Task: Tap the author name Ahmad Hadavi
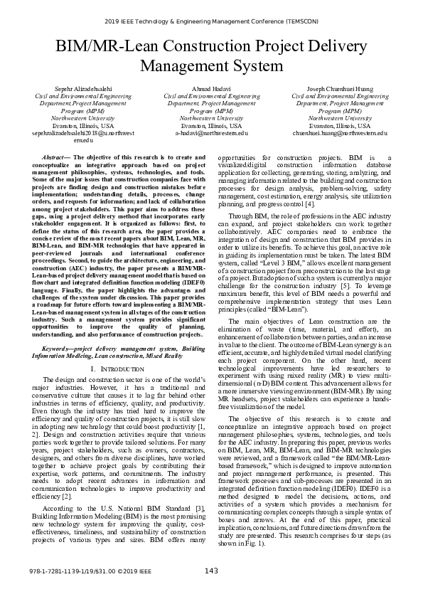(x=211, y=88)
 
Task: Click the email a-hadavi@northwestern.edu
(x=211, y=133)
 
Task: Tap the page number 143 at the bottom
(x=211, y=590)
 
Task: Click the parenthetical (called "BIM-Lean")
(x=270, y=310)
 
